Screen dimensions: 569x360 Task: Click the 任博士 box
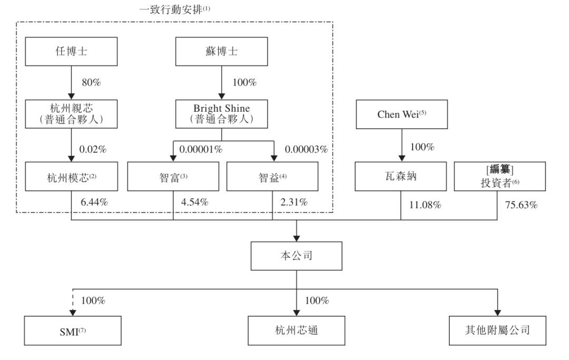coord(71,51)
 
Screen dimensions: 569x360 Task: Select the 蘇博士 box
coord(221,51)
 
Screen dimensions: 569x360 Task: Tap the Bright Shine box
coord(221,114)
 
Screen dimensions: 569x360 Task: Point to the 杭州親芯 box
coord(71,114)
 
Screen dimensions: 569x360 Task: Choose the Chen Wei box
coord(401,114)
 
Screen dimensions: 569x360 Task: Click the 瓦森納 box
coord(400,177)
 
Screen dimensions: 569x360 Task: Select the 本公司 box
coord(297,256)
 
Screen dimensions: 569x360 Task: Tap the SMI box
coord(73,330)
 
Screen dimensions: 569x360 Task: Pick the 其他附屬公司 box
coord(497,330)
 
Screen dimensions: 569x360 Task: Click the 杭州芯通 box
coord(297,330)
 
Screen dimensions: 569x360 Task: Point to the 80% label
coord(91,82)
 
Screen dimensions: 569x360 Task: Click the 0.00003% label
coord(306,149)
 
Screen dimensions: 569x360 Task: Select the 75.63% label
coord(521,205)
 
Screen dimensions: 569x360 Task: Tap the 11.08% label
coord(425,205)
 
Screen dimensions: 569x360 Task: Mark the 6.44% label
coord(94,202)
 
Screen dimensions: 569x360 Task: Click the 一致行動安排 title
coord(174,9)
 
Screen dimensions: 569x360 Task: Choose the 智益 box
coord(272,177)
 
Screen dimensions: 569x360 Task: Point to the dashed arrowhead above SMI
coord(73,313)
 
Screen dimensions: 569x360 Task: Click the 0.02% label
coord(93,149)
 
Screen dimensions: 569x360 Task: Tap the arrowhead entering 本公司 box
coord(297,238)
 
